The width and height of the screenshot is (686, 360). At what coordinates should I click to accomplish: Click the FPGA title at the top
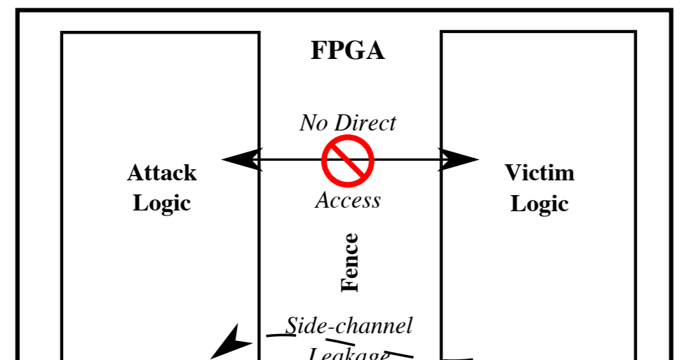(348, 51)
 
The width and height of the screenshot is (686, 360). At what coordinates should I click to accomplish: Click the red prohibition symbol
(347, 161)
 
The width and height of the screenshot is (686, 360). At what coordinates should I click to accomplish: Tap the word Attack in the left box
(162, 173)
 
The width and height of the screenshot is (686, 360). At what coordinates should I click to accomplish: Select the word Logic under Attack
(162, 204)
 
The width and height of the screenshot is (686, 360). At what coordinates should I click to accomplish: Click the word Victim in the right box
(539, 173)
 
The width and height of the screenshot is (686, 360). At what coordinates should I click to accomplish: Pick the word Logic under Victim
(539, 204)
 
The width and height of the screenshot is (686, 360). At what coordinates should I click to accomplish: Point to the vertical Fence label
(349, 262)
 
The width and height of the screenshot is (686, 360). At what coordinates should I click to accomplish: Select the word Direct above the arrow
(364, 124)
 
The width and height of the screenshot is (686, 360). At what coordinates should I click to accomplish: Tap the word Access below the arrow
(348, 201)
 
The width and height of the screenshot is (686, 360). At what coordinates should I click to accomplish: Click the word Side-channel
(349, 326)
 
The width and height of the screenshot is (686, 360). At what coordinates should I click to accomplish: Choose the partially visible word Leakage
(349, 353)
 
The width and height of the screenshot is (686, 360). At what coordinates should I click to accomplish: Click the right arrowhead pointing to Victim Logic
(459, 160)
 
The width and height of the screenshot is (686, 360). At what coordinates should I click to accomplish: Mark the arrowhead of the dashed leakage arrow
(231, 342)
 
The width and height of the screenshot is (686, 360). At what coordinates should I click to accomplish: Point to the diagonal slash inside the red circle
(347, 161)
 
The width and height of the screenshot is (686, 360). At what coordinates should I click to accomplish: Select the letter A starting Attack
(135, 173)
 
